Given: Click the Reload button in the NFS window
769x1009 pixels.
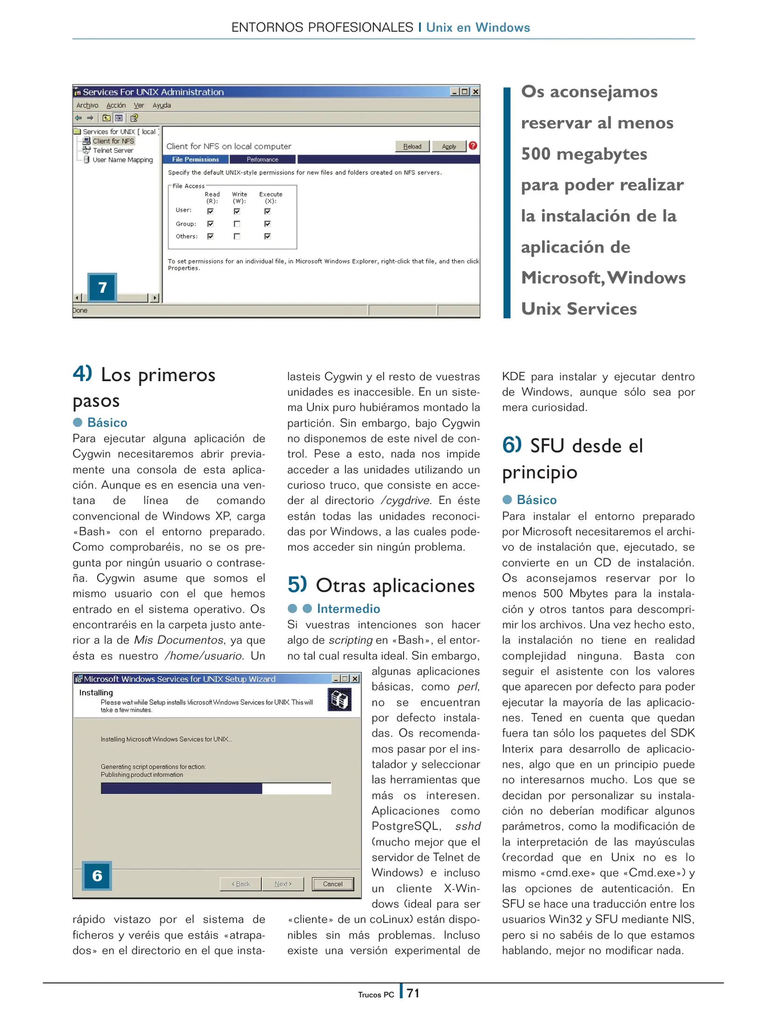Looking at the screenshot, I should (412, 146).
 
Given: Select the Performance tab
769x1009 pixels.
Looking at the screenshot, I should (262, 159).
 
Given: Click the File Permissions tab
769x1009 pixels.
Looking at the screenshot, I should (195, 159).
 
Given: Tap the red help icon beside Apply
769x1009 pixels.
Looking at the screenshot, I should (473, 146).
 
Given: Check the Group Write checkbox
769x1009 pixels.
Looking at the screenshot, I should (237, 224).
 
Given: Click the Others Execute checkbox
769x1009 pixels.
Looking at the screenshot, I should (267, 236).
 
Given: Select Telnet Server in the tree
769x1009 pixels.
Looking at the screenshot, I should (113, 150).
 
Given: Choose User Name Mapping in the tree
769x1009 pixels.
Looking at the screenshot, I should (122, 160).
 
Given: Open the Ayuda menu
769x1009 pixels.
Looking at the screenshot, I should (162, 105).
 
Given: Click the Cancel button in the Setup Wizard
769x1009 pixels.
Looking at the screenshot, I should (332, 884).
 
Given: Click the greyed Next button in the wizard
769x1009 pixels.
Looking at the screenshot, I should (282, 884).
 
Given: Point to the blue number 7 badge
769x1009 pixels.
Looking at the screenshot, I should (102, 287).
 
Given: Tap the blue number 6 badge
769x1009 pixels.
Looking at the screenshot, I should (97, 875).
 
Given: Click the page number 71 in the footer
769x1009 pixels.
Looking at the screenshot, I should (413, 993).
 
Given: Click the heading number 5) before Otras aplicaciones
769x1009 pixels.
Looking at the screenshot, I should (297, 584).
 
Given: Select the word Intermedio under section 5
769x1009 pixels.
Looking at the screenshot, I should (348, 609).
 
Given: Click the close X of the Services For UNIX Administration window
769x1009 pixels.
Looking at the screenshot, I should (475, 92).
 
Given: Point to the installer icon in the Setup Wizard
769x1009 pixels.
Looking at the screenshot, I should (339, 700).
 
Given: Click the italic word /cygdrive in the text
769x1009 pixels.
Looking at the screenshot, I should (405, 500).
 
